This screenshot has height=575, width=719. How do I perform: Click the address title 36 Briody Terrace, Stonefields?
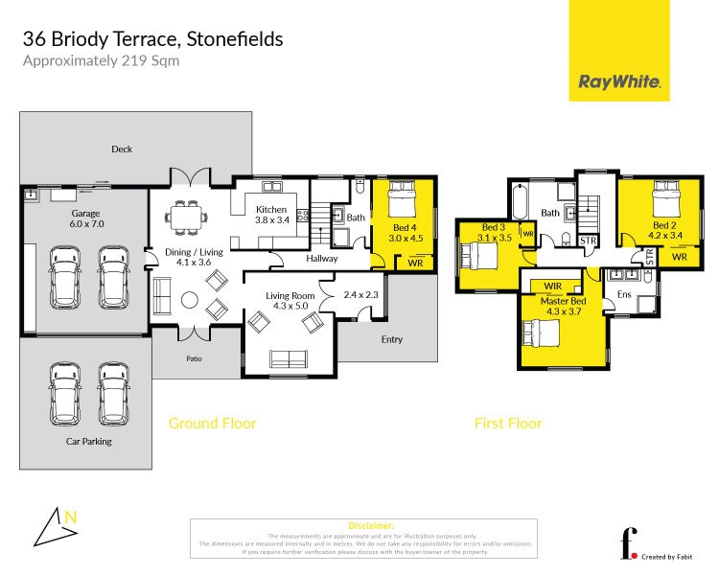click(152, 39)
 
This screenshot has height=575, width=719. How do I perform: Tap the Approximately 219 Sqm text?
click(101, 60)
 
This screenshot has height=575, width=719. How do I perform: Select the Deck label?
click(121, 149)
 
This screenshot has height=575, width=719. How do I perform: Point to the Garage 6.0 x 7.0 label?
click(85, 218)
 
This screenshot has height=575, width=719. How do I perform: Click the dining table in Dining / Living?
click(185, 218)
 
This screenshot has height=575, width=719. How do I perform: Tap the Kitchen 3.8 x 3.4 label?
click(271, 215)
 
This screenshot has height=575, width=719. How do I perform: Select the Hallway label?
click(322, 259)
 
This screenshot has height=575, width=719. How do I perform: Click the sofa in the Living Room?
click(289, 359)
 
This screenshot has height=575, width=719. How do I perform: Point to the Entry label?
click(392, 339)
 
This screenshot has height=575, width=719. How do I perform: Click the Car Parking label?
click(89, 442)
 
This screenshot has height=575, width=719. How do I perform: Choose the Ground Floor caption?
click(212, 423)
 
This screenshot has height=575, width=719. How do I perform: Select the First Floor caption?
click(508, 423)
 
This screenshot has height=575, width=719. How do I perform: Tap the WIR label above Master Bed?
click(552, 286)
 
